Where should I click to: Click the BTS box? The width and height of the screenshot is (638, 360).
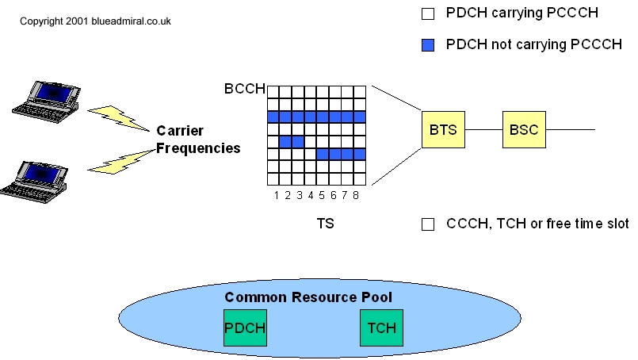pos(443,129)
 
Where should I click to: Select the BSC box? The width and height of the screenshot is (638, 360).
pos(524,129)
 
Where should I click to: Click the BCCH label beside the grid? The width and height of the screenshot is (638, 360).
pos(244,89)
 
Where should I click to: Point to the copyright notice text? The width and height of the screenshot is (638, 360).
pos(95,21)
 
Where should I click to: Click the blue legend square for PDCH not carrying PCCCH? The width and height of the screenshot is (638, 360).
pos(428,45)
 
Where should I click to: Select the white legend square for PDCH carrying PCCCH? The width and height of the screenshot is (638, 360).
pos(428,13)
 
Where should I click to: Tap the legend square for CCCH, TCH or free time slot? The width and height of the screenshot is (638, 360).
pos(428,224)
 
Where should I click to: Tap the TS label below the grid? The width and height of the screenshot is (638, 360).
pos(325,224)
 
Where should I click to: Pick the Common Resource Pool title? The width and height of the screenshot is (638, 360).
pos(308,297)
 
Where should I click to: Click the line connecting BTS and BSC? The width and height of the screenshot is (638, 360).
pos(484,129)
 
